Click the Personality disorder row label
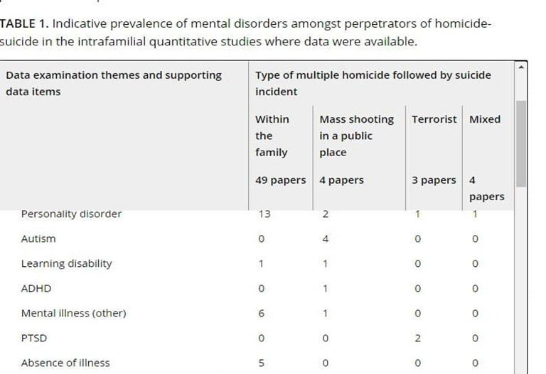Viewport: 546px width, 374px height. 71,214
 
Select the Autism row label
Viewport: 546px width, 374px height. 38,239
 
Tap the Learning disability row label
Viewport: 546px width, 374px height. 66,263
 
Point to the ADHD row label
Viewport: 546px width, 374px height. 36,289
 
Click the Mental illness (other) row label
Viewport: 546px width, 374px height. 73,313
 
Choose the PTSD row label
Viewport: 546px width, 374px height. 34,339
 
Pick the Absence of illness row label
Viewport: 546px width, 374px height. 65,363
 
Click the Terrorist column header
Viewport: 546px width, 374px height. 434,119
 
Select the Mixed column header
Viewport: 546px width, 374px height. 485,119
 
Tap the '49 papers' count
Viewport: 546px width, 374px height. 280,180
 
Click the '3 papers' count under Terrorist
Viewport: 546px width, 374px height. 434,180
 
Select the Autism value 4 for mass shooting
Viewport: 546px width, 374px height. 325,239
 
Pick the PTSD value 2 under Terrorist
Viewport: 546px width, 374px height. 417,339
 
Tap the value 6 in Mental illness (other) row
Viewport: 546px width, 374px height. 261,313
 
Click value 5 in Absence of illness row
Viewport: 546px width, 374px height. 261,363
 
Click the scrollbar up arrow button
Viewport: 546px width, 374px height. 522,68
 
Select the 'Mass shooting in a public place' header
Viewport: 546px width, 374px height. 356,136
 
